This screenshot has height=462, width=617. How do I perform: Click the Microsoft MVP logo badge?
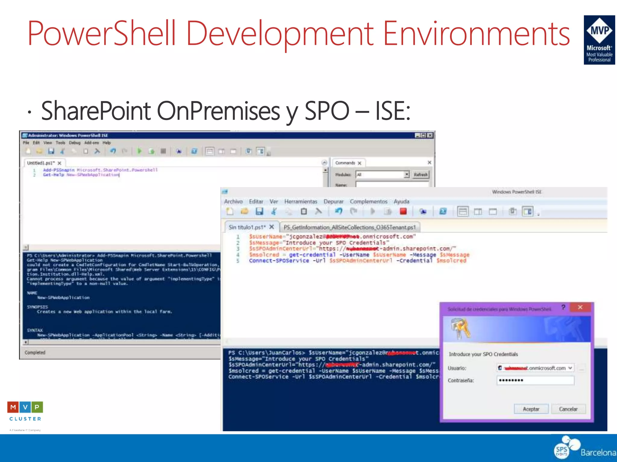(599, 40)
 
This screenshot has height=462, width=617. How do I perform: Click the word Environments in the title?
(476, 34)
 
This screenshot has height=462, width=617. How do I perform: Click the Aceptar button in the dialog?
(531, 409)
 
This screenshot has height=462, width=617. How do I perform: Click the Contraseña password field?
(535, 380)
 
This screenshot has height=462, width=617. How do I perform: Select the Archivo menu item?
(233, 202)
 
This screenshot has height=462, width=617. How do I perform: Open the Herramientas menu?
(301, 202)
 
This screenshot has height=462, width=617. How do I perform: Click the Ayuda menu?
(401, 202)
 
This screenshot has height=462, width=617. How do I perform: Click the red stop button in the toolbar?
(403, 211)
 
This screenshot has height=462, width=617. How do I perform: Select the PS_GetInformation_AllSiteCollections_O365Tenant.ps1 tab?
(349, 227)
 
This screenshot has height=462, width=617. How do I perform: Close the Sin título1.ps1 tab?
(272, 227)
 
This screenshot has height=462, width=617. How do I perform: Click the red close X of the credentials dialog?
(580, 307)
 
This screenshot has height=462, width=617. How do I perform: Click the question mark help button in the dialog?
(563, 307)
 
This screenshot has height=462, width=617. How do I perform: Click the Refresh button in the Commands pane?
(421, 175)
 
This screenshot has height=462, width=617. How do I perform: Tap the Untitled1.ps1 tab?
(41, 163)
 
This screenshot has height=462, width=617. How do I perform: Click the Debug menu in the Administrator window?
(75, 143)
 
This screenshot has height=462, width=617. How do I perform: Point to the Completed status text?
(35, 353)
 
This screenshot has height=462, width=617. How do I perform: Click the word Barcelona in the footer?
(598, 452)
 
